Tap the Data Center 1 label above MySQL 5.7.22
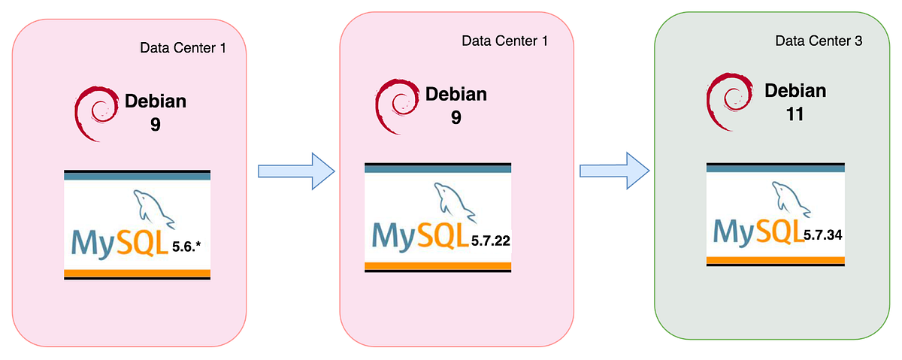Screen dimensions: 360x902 tap(504, 40)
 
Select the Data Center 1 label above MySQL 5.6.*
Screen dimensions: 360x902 tap(183, 47)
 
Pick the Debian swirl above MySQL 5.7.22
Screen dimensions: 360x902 tap(395, 101)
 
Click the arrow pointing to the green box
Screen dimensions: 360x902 tap(613, 171)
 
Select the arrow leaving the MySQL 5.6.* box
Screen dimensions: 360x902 tap(295, 171)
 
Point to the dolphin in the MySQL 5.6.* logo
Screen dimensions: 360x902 tap(153, 208)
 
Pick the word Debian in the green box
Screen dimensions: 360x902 tap(795, 91)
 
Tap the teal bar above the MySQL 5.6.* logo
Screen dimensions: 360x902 tap(137, 175)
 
